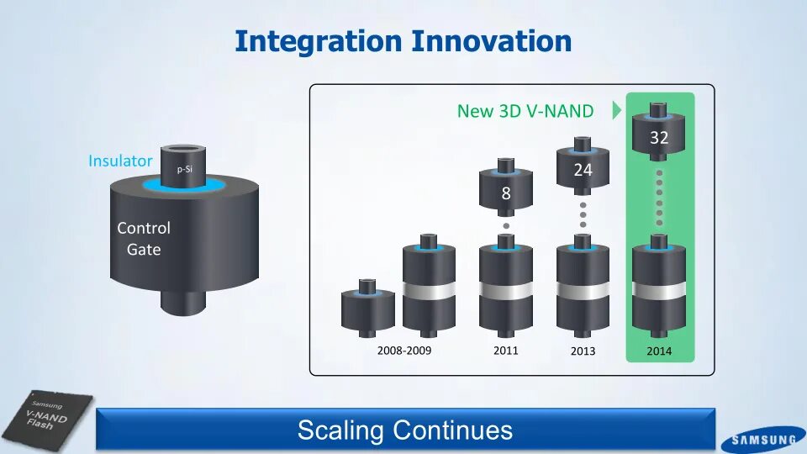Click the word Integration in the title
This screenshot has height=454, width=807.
point(318,42)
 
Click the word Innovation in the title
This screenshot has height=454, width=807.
point(492,41)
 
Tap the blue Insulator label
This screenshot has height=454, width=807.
point(120,161)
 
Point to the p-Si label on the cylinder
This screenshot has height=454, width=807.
point(185,169)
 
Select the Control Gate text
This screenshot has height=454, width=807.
point(144,238)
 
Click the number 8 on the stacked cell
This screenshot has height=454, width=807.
point(506,193)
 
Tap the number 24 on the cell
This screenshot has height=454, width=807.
point(583,170)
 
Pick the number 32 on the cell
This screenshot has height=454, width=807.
point(659,137)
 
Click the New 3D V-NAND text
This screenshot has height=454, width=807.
point(525,111)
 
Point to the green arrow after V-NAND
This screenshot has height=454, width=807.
point(616,110)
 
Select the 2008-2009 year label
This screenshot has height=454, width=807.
point(404,351)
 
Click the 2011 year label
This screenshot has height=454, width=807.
point(505,351)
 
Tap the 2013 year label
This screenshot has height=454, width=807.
point(583,351)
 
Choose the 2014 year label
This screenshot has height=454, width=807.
point(659,351)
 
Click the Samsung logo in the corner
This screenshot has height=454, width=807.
point(764,440)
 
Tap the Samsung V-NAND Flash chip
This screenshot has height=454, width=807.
point(46,419)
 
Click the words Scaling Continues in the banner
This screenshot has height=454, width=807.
point(405,430)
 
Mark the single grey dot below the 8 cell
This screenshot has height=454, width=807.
point(506,226)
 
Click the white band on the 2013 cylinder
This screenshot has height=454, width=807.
point(583,291)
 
